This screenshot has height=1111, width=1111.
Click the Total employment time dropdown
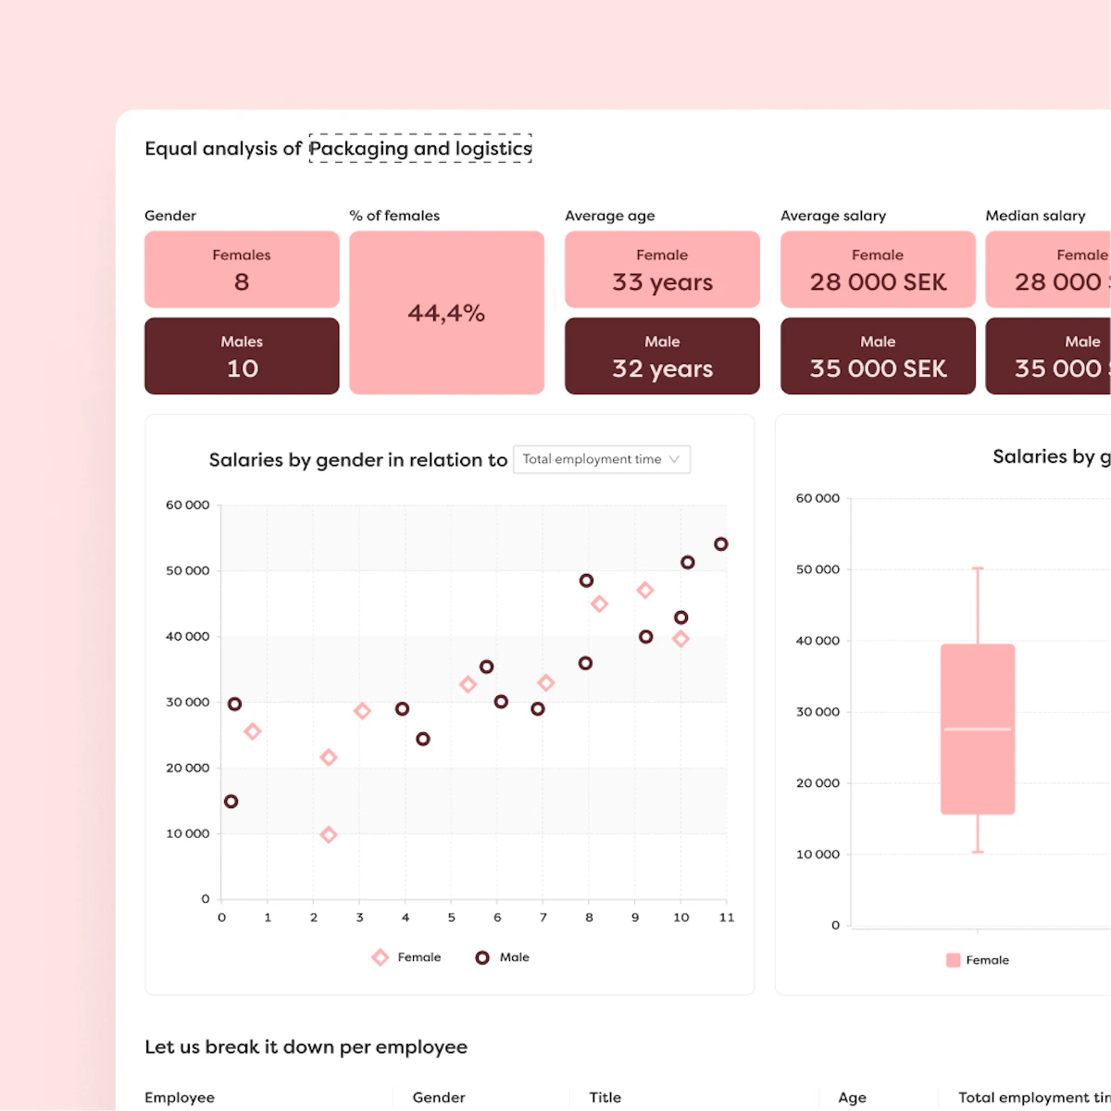coord(601,459)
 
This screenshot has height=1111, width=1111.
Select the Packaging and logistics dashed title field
coord(420,148)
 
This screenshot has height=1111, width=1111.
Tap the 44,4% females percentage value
coord(446,313)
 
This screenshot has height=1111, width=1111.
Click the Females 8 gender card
coord(242,269)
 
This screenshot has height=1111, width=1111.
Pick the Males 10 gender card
coord(242,356)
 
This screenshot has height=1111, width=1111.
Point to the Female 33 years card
coord(662,269)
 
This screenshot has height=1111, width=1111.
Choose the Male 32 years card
coord(662,356)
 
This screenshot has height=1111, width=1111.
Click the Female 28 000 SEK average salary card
coord(878,269)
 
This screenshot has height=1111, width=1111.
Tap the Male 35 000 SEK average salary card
coord(878,356)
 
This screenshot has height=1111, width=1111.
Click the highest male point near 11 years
coord(721,544)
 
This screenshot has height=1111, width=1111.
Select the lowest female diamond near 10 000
coord(328,835)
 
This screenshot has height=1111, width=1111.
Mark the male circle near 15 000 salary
coord(231,802)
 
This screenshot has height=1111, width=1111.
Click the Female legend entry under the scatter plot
coord(406,957)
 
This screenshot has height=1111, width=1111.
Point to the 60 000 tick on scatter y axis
coord(188,506)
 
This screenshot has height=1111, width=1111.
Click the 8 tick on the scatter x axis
coord(589,918)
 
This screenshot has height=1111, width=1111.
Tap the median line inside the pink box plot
coord(978,730)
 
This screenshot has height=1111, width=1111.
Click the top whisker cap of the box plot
coord(978,568)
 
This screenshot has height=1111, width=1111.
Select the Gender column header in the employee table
coord(439,1097)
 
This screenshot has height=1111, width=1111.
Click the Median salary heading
coord(1035,216)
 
